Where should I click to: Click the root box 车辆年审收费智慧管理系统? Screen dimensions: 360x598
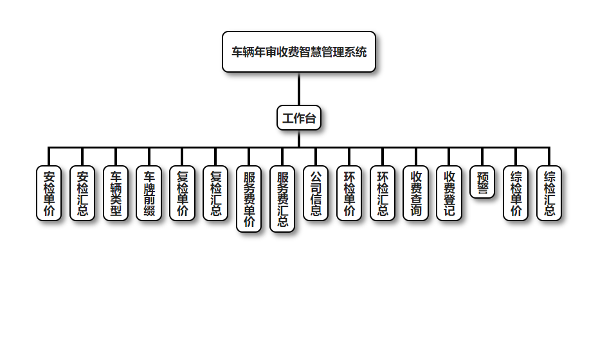(299, 52)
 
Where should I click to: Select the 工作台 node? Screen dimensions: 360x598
(299, 118)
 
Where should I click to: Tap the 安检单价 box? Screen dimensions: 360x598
(49, 194)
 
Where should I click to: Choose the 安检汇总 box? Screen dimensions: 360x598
(82, 194)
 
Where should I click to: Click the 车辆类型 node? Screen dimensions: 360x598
(116, 194)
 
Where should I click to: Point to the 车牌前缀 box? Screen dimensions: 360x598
(149, 194)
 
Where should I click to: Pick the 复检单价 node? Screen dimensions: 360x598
(183, 194)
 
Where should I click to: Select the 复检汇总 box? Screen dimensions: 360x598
(215, 194)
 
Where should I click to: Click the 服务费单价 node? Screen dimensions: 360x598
(249, 199)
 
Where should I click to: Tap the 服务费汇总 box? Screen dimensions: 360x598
(282, 199)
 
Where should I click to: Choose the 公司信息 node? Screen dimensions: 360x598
(316, 194)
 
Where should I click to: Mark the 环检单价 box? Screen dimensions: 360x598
(349, 194)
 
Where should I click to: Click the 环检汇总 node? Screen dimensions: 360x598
(383, 194)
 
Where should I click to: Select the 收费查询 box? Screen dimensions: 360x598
(416, 194)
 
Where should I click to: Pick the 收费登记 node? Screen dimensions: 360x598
(449, 194)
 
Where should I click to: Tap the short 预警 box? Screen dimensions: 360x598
(482, 182)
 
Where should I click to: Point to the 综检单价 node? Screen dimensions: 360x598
(516, 194)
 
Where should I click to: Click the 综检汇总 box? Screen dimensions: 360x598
(549, 194)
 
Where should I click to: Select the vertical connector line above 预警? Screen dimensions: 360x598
(482, 157)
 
